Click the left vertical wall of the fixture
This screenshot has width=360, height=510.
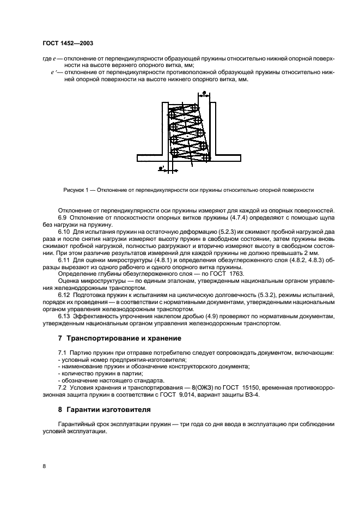point(164,129)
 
